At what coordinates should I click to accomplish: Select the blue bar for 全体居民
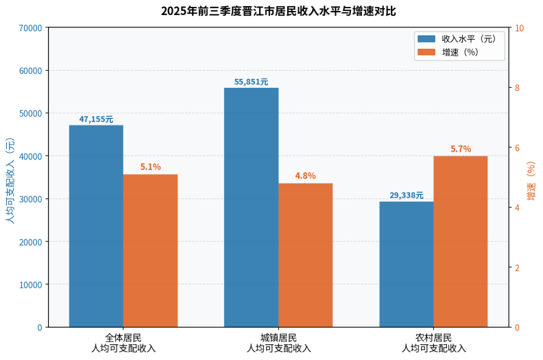pos(96,226)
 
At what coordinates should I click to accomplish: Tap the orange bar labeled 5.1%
pos(150,251)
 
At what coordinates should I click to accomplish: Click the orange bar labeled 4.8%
pos(305,255)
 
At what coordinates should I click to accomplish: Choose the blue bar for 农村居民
pos(407,264)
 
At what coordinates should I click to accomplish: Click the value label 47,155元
pos(96,119)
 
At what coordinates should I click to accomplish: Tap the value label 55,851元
pos(251,82)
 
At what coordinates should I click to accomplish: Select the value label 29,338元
pos(407,195)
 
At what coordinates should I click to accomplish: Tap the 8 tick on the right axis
pos(518,88)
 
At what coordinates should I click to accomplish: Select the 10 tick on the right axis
pos(519,27)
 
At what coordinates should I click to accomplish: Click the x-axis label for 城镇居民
pos(278,343)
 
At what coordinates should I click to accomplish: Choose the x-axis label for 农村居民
pos(433,343)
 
